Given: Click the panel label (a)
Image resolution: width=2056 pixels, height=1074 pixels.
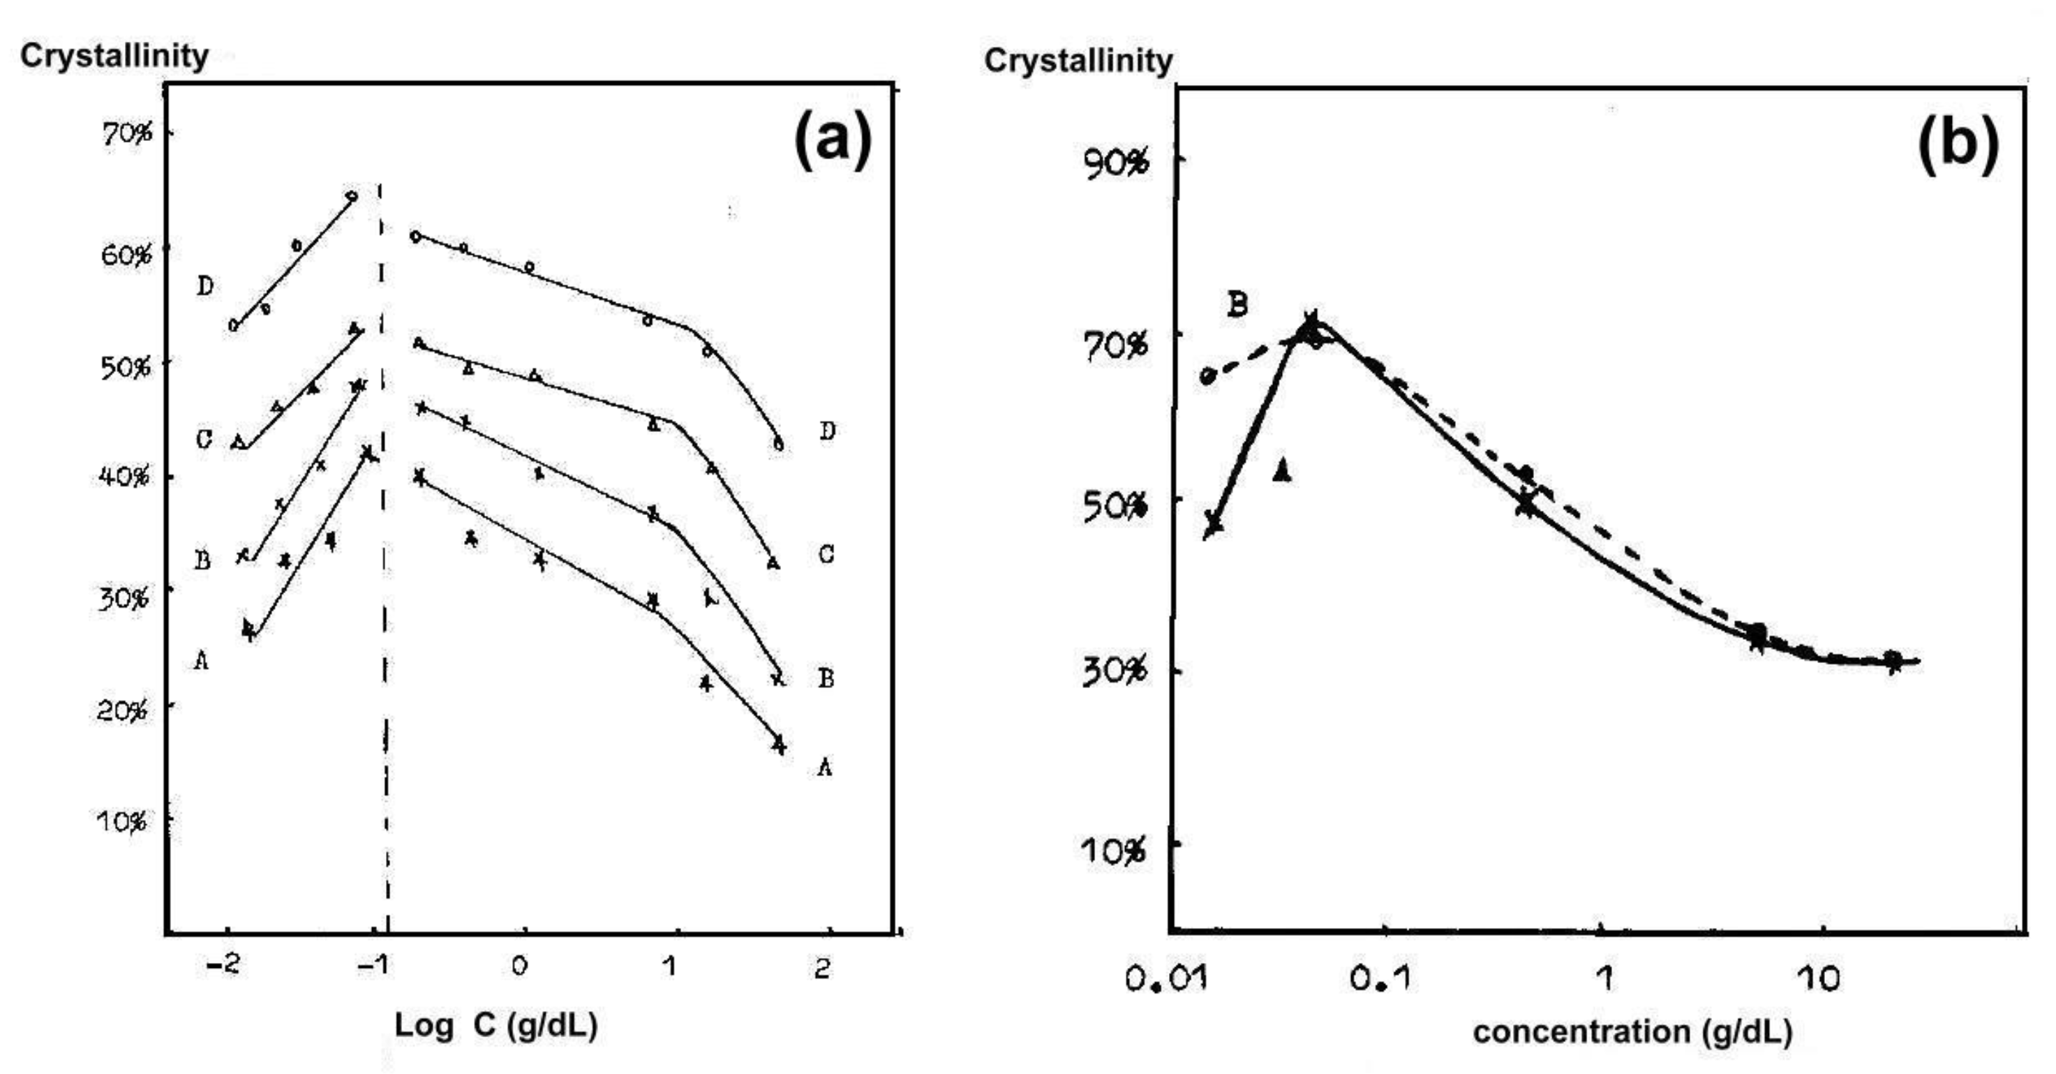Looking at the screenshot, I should point(833,140).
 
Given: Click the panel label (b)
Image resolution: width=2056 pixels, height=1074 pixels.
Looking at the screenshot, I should point(1958,144).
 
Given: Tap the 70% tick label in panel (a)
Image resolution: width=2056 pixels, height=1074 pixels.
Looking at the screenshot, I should point(126,133).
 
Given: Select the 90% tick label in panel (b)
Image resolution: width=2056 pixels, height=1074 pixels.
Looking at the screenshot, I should point(1117,163).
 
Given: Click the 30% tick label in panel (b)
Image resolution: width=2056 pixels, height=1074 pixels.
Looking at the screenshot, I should point(1115,671).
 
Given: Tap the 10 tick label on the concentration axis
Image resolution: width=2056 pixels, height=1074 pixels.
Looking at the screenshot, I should point(1822,978).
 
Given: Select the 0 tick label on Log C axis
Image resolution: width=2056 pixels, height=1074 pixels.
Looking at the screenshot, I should point(520,967).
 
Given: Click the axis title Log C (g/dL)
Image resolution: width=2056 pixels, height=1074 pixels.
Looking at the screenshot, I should point(496,1025).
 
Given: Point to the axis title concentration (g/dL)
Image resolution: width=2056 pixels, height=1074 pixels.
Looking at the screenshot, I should point(1632,1031).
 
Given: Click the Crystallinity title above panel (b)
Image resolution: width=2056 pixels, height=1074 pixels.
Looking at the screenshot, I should point(1078,61).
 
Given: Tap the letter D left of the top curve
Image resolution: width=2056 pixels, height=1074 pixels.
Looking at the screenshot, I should point(205,286).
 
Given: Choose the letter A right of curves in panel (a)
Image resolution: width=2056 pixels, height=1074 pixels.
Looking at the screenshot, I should point(824,768).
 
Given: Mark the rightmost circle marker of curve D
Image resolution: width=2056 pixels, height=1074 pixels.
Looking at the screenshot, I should point(779,445).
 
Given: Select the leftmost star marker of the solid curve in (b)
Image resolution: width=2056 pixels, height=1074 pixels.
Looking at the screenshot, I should point(1213,523).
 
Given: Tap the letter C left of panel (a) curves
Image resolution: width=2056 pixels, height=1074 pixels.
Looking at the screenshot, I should point(204,439).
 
